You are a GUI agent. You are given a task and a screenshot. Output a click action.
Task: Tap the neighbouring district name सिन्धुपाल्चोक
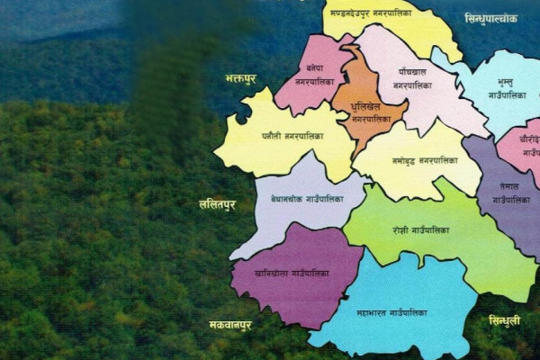coord(491,18)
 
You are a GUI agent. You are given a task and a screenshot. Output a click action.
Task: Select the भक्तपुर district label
coord(240,79)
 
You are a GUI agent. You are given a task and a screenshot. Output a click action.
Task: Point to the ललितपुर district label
coord(217,204)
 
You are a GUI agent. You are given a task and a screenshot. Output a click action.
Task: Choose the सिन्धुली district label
coord(505,320)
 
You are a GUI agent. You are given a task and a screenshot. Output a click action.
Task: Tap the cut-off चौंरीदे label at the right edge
coord(526,139)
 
